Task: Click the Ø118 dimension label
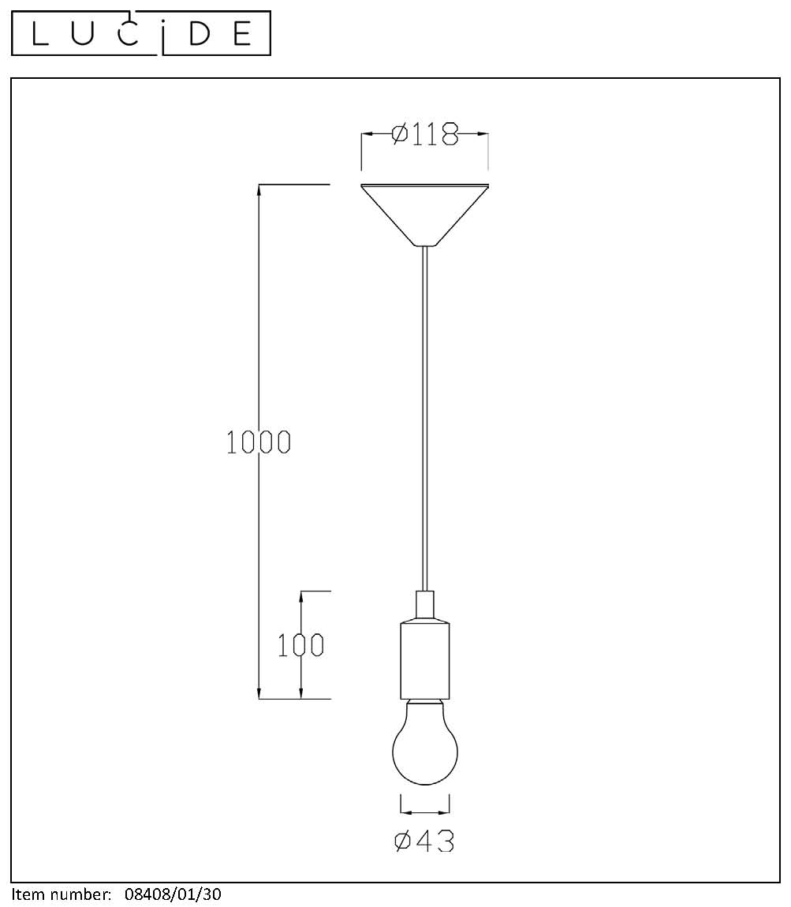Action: click(x=425, y=135)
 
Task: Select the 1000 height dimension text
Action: click(x=259, y=442)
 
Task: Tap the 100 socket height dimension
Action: click(x=300, y=645)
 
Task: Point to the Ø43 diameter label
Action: click(x=424, y=842)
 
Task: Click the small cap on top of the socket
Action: click(x=425, y=603)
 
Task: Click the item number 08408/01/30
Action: click(x=173, y=894)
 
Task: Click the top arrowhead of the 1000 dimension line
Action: click(x=259, y=189)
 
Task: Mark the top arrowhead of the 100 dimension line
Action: click(x=301, y=595)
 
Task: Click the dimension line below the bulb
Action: click(x=425, y=810)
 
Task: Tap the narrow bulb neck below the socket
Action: click(x=425, y=701)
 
